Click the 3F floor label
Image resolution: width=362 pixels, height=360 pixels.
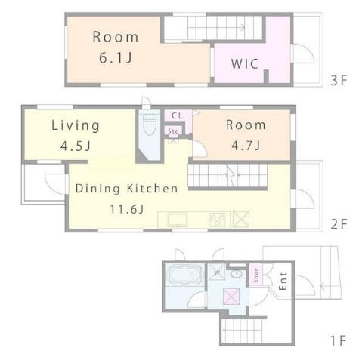tap(339, 81)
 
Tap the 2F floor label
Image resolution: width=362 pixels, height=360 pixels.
tap(339, 224)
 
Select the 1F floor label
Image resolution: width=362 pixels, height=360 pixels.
tap(339, 341)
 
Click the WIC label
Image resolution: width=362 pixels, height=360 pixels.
tap(245, 64)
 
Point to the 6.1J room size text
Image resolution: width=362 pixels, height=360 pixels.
tap(116, 58)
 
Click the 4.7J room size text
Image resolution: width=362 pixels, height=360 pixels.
tap(246, 146)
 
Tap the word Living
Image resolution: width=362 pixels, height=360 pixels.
tap(76, 126)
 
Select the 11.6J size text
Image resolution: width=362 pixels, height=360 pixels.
tap(127, 209)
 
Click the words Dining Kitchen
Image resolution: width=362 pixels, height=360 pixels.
tap(127, 189)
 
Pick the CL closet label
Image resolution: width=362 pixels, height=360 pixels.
tap(177, 115)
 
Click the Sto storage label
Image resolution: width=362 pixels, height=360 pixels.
tap(173, 131)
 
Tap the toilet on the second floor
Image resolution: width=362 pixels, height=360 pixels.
tap(149, 125)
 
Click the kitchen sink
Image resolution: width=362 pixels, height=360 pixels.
tap(178, 220)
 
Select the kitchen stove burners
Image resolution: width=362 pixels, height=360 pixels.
tap(218, 220)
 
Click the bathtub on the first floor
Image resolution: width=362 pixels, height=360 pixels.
tap(186, 275)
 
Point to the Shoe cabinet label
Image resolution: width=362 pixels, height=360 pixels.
tap(256, 275)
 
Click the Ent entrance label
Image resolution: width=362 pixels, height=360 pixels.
tap(283, 281)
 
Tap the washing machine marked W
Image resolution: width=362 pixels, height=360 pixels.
tap(217, 272)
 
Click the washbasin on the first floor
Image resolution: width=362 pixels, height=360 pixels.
tap(237, 273)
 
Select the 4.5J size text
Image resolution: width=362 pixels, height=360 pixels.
tap(76, 146)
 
